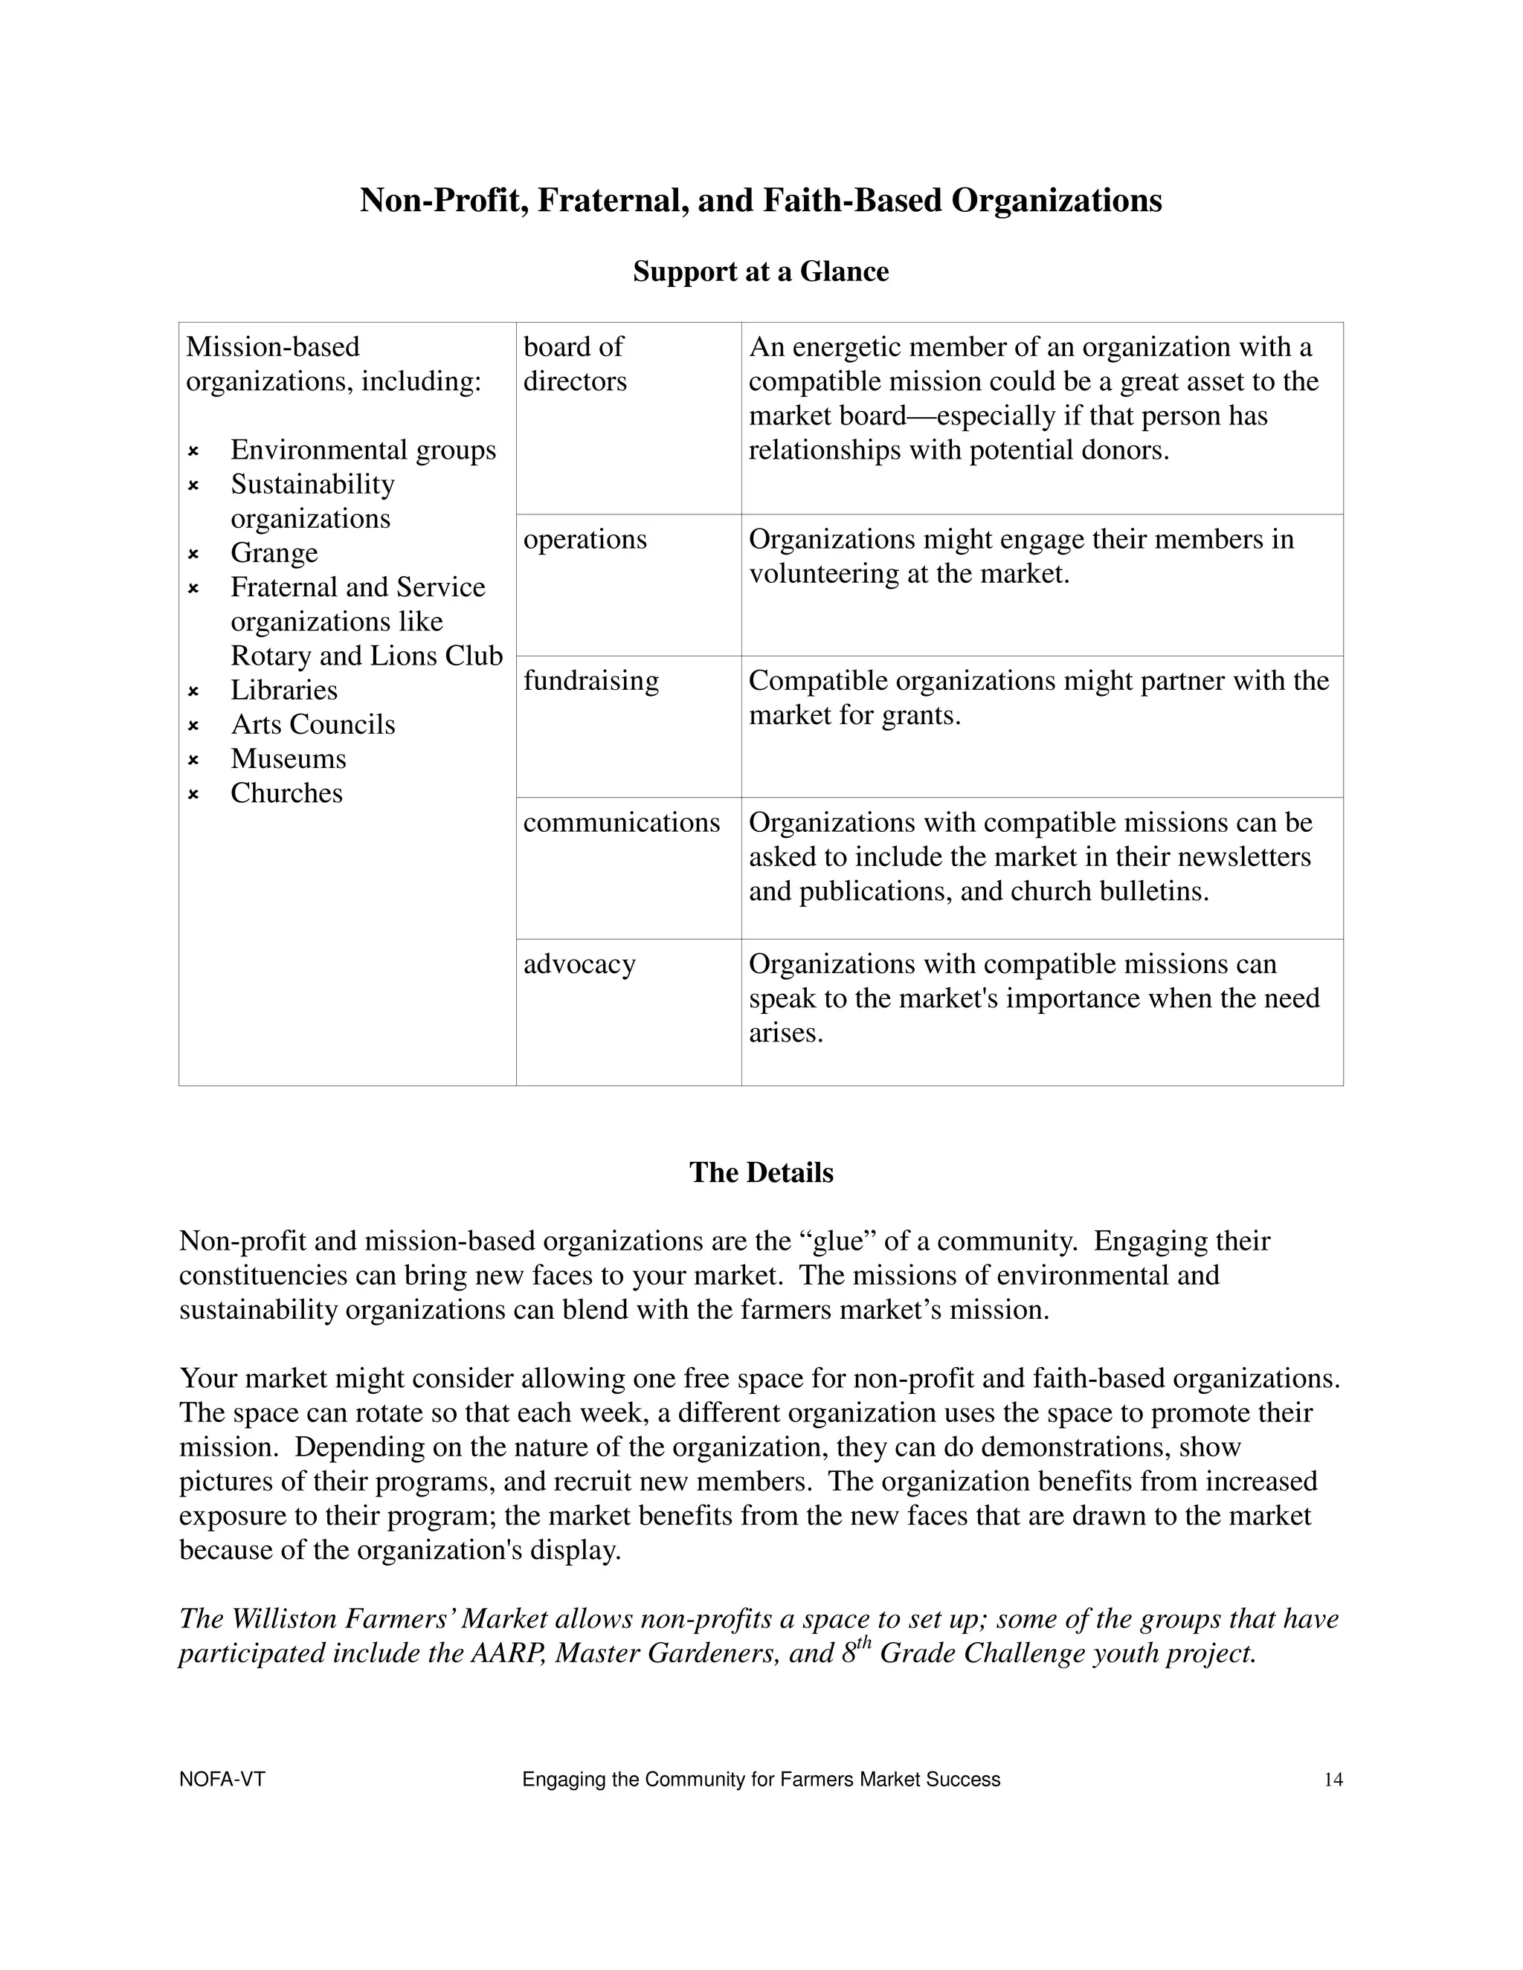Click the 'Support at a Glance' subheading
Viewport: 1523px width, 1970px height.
[761, 271]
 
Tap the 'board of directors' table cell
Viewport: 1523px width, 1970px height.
[575, 364]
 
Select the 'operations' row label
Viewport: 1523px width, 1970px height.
[585, 540]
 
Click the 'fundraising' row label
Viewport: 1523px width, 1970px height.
[591, 680]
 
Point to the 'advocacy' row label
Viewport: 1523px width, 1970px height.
[579, 963]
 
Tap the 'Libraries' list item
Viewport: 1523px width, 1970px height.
[283, 690]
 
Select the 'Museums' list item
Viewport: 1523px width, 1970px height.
[288, 758]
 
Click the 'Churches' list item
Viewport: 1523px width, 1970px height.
[286, 793]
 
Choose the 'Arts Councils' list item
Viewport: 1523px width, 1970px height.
[312, 724]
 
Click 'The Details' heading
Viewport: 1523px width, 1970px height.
[761, 1172]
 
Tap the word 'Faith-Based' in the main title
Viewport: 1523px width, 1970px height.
[851, 200]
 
